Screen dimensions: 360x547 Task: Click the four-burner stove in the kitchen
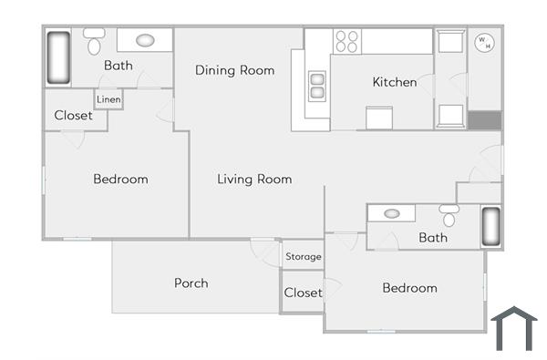click(x=346, y=41)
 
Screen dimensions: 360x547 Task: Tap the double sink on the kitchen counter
click(x=318, y=86)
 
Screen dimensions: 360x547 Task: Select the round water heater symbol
click(x=483, y=41)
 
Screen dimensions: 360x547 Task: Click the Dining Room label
click(x=235, y=70)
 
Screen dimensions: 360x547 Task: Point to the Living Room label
click(x=254, y=180)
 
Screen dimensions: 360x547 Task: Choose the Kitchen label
click(x=395, y=82)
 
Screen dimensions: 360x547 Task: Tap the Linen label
click(x=108, y=98)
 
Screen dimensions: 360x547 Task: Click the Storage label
click(x=304, y=257)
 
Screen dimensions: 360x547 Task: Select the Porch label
click(x=191, y=283)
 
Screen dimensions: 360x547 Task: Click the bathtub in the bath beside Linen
click(x=58, y=59)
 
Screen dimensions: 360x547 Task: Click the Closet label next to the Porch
click(x=303, y=293)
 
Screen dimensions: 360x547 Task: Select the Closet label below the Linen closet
click(x=73, y=116)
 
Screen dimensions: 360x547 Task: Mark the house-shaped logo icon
click(x=514, y=328)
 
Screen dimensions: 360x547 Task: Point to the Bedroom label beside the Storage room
click(x=409, y=288)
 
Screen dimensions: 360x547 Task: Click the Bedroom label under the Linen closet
click(x=120, y=180)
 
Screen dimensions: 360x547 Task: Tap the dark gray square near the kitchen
click(x=484, y=120)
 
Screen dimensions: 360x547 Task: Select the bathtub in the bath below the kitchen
click(x=490, y=227)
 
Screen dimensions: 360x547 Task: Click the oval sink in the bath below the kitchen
click(x=392, y=214)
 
